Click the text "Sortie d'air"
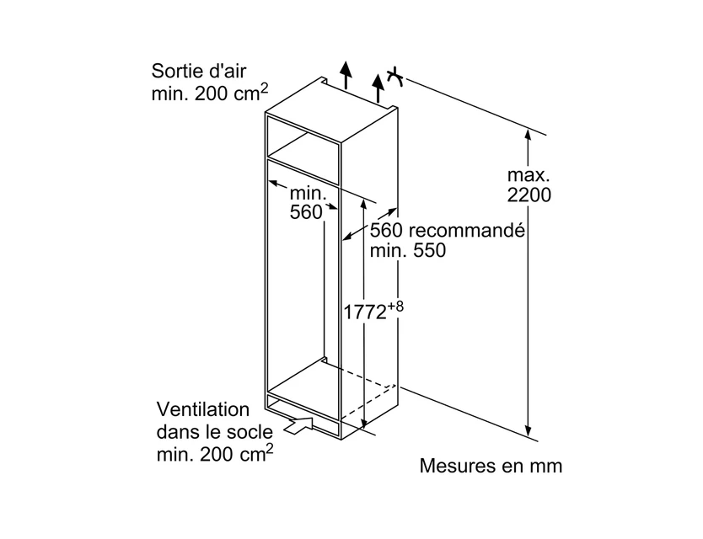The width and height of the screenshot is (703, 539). click(x=199, y=71)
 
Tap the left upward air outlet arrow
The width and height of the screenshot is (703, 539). click(x=345, y=74)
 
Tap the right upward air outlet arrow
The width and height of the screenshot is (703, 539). click(x=378, y=88)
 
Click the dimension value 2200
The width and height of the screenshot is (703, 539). click(x=529, y=195)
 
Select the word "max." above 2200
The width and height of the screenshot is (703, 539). click(x=529, y=174)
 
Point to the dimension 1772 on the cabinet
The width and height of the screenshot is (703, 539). click(x=365, y=312)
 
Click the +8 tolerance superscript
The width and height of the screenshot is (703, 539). click(x=395, y=307)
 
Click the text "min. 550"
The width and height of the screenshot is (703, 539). click(x=407, y=250)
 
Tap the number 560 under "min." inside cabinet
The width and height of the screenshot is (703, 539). click(x=306, y=212)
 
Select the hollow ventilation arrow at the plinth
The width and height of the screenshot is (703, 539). click(x=298, y=424)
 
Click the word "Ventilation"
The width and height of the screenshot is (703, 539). click(x=203, y=409)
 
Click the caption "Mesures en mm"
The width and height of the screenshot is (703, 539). click(x=491, y=466)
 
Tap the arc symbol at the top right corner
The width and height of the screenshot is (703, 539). click(x=395, y=77)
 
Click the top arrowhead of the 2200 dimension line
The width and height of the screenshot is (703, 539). click(x=529, y=134)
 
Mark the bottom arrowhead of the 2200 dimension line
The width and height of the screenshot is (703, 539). click(x=529, y=430)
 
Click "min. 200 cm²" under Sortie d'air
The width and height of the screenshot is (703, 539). click(x=210, y=93)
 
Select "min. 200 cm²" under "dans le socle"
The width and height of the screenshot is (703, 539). click(x=215, y=453)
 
